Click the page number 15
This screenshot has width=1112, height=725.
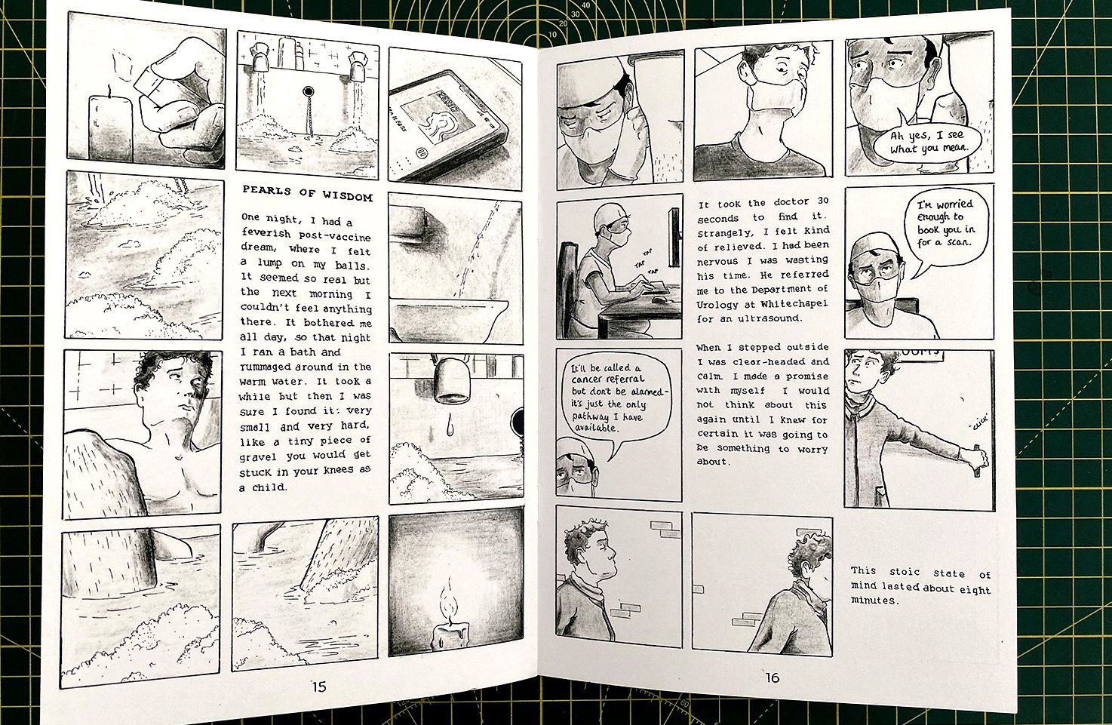[319, 687]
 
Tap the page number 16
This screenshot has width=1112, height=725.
[772, 677]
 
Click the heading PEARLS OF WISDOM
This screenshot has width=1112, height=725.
[307, 193]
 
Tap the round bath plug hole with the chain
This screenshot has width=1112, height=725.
[308, 92]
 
